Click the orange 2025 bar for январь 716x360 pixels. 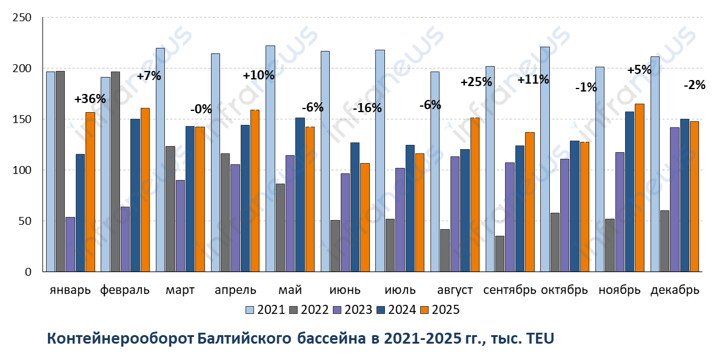tap(90, 192)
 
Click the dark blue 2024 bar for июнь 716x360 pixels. tap(355, 207)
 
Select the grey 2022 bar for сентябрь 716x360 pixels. tap(500, 254)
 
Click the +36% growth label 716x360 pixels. tap(90, 99)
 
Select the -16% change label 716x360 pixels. tap(367, 108)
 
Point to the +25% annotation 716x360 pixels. tap(476, 82)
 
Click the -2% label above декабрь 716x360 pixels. tap(694, 85)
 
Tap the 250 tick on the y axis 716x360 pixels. tap(22, 18)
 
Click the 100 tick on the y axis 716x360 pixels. tap(22, 170)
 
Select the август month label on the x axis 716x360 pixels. tap(455, 290)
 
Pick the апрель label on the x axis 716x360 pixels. tap(235, 290)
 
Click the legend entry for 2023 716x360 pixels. tap(352, 310)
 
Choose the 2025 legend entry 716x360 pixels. tap(441, 310)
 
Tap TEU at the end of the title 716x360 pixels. tap(541, 338)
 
